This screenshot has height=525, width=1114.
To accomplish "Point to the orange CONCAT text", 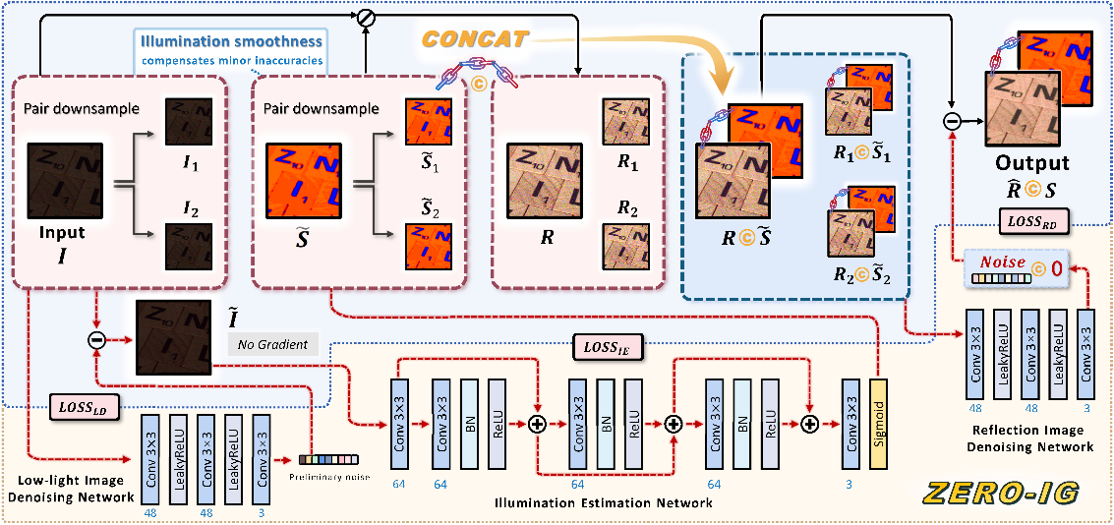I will click(x=477, y=39).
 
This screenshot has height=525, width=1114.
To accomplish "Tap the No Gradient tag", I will click(x=272, y=344).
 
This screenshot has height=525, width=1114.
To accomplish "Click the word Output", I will click(x=1031, y=164).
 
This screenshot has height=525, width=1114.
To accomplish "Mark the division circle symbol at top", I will click(x=366, y=17).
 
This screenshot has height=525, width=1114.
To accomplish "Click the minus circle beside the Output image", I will click(x=951, y=121).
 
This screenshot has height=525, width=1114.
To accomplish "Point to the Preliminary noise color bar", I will click(x=327, y=459).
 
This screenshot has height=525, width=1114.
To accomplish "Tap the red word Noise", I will click(x=1001, y=262).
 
